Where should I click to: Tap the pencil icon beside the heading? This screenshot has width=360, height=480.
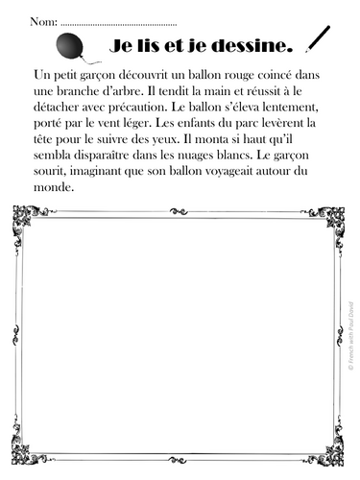point(316,39)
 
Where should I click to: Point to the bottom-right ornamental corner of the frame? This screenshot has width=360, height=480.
point(331,450)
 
